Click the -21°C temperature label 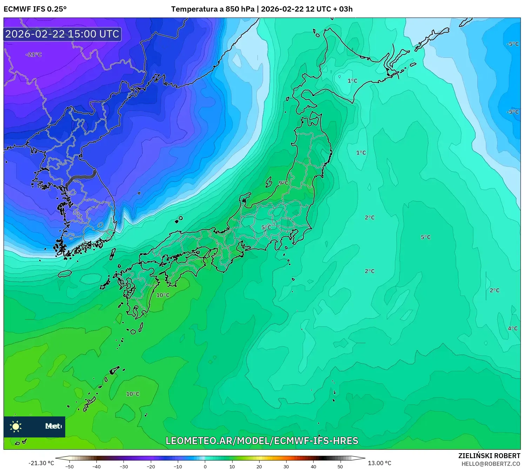[34, 54]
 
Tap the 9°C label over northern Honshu [283, 183]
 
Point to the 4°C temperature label [512, 328]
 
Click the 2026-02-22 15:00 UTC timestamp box [62, 34]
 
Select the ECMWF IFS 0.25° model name [35, 9]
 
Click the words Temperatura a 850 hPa [213, 9]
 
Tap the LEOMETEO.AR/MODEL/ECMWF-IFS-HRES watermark [262, 441]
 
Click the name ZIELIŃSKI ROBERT [489, 456]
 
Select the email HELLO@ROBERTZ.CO [491, 464]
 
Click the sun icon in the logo [16, 427]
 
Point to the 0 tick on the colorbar [205, 466]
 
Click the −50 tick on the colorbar [69, 466]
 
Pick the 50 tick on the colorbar [340, 466]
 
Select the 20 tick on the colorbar [259, 466]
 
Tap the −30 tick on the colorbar [123, 466]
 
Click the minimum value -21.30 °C [41, 463]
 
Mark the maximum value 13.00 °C [379, 463]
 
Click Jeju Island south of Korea [65, 273]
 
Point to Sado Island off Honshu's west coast [269, 182]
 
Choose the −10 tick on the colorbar [178, 466]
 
